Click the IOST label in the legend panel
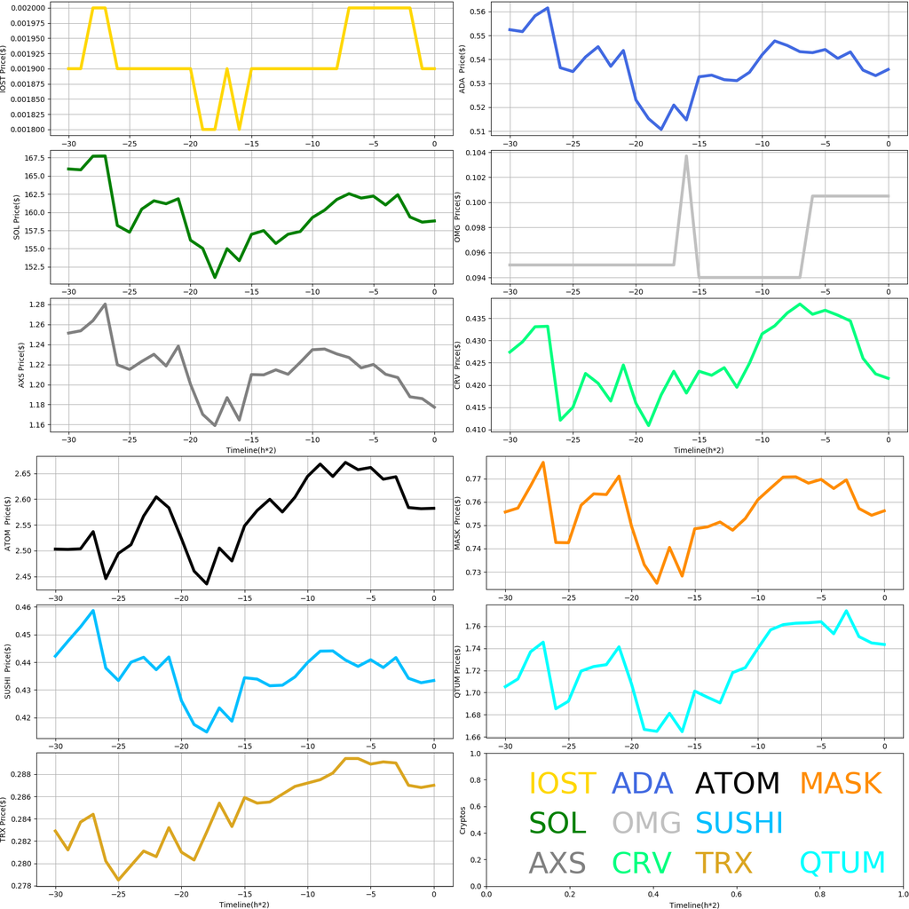tap(562, 783)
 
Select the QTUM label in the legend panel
tap(842, 862)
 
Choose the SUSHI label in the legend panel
tap(739, 823)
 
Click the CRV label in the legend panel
tap(642, 862)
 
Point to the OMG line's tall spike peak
tap(686, 156)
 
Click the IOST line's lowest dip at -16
tap(240, 129)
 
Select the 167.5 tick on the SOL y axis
tap(41, 159)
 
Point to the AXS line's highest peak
tap(106, 304)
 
